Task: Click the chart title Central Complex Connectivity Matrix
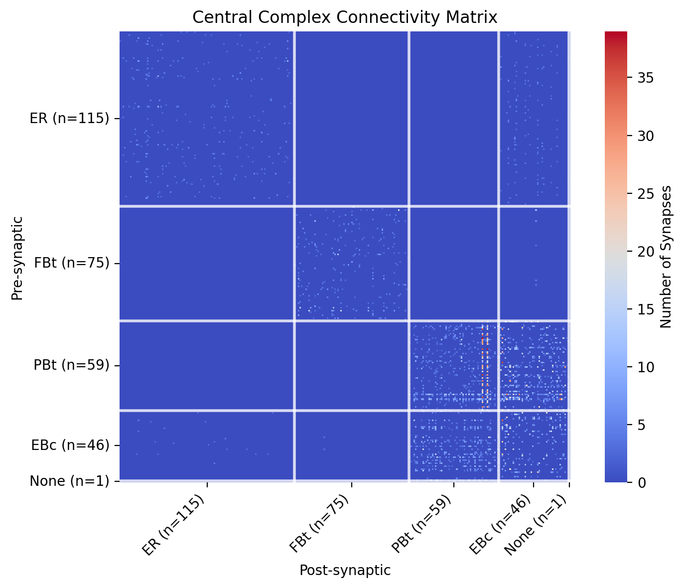[x=345, y=17]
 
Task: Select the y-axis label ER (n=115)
[x=69, y=119]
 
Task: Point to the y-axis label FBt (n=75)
[x=72, y=263]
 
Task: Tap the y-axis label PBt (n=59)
[x=71, y=365]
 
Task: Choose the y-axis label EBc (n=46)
[x=70, y=445]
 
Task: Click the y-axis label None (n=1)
[x=69, y=481]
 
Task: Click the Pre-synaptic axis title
[x=17, y=258]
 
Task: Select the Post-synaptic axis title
[x=345, y=571]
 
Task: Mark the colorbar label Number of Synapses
[x=666, y=257]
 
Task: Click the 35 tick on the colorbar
[x=640, y=78]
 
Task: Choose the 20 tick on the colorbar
[x=640, y=251]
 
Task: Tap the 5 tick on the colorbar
[x=637, y=425]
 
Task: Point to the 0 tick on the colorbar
[x=637, y=482]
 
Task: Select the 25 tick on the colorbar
[x=640, y=193]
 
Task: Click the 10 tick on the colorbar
[x=640, y=367]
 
